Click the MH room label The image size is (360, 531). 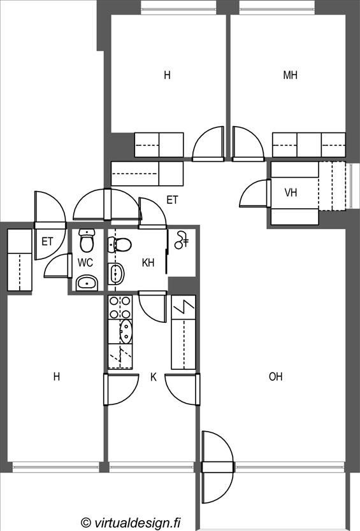tap(290, 75)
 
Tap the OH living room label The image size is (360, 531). tap(275, 376)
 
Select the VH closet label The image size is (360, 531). tap(291, 193)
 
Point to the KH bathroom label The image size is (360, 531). tap(148, 262)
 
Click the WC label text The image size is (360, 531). tap(85, 262)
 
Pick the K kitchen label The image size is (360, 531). tap(153, 377)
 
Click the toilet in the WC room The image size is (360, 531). tap(87, 240)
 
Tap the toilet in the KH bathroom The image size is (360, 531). tap(120, 244)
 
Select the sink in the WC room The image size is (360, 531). tap(87, 283)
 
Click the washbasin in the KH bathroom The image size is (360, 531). tap(116, 274)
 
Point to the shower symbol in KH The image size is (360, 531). tap(182, 240)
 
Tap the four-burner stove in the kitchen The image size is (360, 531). tap(120, 307)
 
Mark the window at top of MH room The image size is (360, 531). tap(278, 7)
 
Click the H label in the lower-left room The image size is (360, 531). tap(57, 376)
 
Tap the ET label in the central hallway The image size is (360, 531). tap(172, 200)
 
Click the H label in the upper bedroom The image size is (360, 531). tap(167, 75)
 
